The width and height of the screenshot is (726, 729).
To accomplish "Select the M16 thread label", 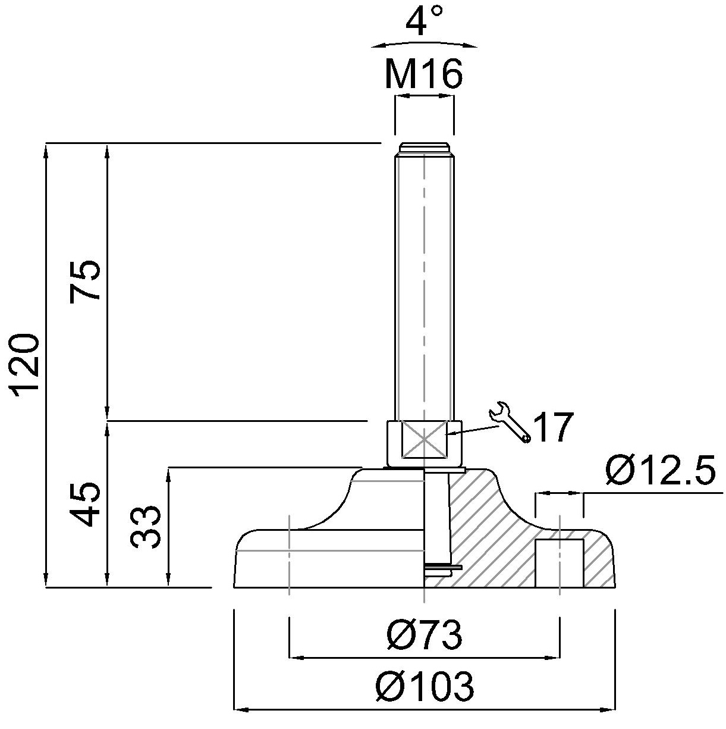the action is tap(424, 74).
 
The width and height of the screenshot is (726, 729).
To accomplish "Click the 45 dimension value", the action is tap(84, 504).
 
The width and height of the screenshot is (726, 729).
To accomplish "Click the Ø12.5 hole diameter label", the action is tap(660, 470).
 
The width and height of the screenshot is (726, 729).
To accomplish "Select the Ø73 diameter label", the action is tap(425, 634).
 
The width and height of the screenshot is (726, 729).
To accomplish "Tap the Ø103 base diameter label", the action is tap(425, 686).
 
